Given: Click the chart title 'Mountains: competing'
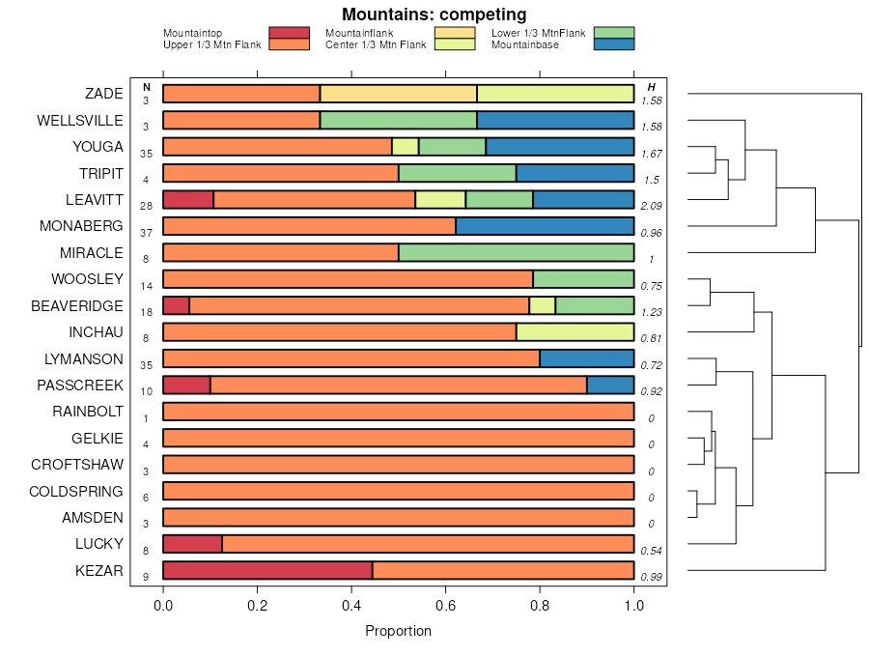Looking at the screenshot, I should (434, 14).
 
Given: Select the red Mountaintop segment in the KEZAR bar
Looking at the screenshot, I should (267, 571).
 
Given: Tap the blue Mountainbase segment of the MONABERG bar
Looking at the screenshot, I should (545, 226).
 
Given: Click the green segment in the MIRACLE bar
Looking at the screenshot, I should (516, 253).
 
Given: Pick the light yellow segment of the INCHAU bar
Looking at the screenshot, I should (575, 332).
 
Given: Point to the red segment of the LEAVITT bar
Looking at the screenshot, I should (188, 200).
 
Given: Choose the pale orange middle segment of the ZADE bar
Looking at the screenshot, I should (398, 94).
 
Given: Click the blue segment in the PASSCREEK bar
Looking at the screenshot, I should (610, 386).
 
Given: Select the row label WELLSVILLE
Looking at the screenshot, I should (80, 121).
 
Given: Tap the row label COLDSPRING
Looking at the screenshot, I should (76, 492).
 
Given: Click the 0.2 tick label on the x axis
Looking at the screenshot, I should (257, 606).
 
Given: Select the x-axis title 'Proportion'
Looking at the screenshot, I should (398, 631).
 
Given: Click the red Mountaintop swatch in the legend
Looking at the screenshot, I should (289, 33).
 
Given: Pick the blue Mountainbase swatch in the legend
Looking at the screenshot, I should (614, 44).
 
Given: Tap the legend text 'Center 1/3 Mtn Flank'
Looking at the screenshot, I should (376, 44).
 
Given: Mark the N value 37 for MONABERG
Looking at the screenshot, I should (147, 233).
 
